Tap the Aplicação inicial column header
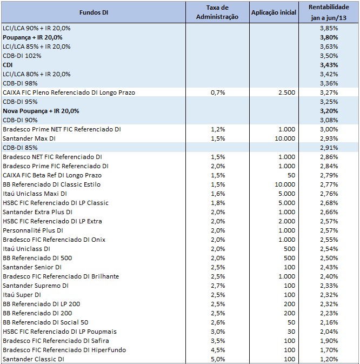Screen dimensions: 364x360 (274, 12)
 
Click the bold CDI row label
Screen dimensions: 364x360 (8, 65)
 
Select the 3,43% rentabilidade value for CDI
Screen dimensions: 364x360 (344, 65)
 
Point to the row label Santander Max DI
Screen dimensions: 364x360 (30, 138)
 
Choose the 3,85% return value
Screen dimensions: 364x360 (344, 28)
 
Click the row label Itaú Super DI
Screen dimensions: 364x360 (22, 295)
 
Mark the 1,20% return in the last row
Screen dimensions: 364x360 (344, 359)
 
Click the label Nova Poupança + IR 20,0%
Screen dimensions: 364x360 (41, 111)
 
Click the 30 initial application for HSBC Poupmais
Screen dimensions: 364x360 (291, 332)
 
